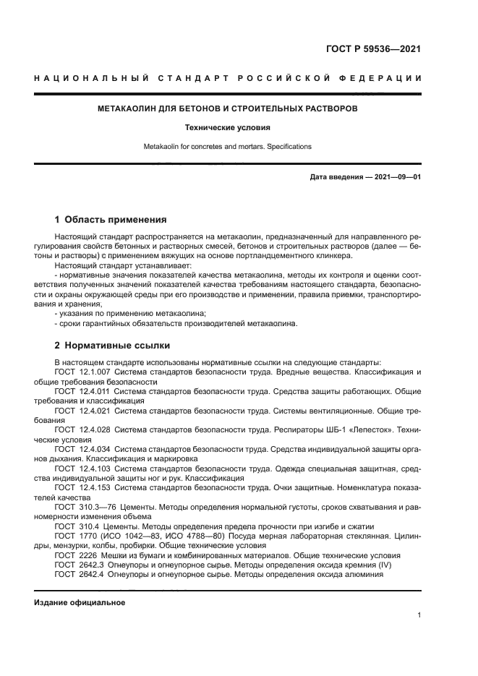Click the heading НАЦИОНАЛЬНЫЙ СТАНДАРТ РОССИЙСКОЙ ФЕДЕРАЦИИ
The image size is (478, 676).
pyautogui.click(x=228, y=78)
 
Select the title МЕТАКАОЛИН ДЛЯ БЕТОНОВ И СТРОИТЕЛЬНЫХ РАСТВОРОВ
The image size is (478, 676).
pyautogui.click(x=228, y=109)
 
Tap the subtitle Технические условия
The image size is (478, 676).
pyautogui.click(x=228, y=127)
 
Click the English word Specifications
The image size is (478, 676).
pyautogui.click(x=289, y=146)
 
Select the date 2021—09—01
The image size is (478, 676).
pyautogui.click(x=396, y=177)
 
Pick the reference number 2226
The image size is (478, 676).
pyautogui.click(x=88, y=555)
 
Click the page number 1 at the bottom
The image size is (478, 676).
pyautogui.click(x=419, y=615)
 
